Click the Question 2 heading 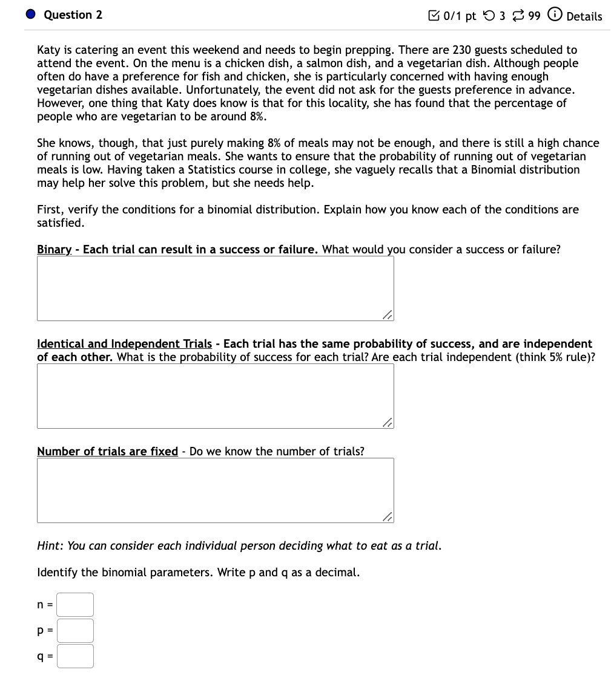tap(73, 15)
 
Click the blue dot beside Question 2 tap(31, 15)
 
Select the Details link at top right tap(584, 16)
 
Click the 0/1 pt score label tap(460, 16)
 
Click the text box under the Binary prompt tap(215, 288)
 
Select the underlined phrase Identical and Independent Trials tap(124, 344)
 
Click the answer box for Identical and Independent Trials tap(215, 396)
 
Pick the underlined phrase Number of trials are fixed tap(107, 452)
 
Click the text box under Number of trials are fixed tap(215, 490)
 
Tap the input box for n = tap(76, 605)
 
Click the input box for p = tap(76, 631)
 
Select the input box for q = tap(76, 656)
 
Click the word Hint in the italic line tap(50, 546)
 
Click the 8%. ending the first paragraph tap(258, 117)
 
